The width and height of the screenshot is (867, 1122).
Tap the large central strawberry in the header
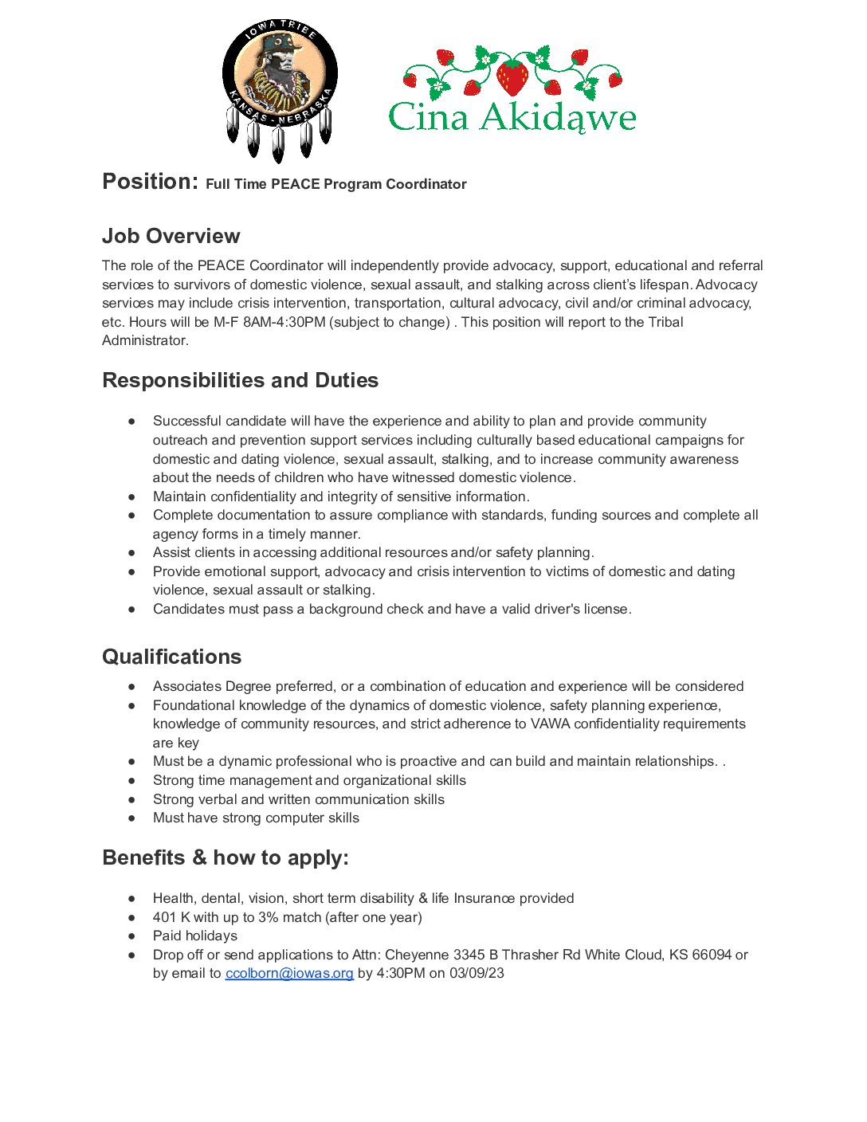tap(512, 76)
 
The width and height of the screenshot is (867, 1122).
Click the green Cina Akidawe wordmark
tap(512, 118)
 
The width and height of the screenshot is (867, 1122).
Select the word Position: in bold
tap(150, 182)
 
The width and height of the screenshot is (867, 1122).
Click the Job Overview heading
tap(171, 236)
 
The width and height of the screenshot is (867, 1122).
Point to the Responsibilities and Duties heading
tap(240, 380)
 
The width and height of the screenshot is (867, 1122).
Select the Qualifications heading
tap(171, 657)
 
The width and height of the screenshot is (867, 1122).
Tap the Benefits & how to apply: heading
tap(226, 857)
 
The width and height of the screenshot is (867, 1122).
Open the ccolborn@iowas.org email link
tap(289, 973)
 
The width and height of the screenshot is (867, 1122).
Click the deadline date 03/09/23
tap(477, 973)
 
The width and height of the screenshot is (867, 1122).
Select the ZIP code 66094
tap(712, 955)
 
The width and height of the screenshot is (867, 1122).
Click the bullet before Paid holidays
tap(132, 936)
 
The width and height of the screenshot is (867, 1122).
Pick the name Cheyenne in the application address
tap(417, 955)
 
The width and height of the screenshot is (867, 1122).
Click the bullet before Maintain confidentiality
tap(132, 497)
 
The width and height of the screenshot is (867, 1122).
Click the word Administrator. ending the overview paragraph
tap(145, 340)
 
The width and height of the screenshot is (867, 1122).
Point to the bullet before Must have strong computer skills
tap(132, 818)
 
